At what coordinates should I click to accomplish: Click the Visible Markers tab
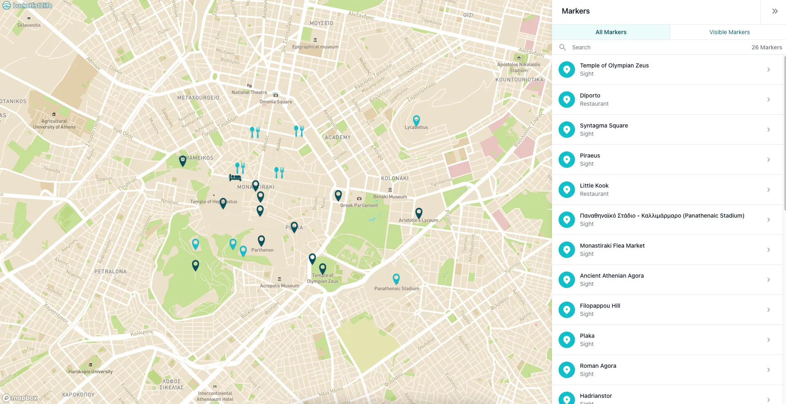729,32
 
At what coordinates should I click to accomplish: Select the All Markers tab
611,32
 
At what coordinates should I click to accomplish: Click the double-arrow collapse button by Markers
774,11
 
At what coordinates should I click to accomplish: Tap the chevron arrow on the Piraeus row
768,160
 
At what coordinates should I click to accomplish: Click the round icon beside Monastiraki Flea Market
566,250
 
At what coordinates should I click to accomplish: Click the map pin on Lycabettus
416,121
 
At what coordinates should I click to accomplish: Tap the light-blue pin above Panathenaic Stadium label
396,279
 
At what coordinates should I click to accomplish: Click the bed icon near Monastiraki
235,177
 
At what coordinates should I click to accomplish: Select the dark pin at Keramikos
183,160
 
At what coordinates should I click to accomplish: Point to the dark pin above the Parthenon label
261,240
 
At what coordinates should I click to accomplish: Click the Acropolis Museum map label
279,286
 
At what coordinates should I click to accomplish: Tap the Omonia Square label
276,102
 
